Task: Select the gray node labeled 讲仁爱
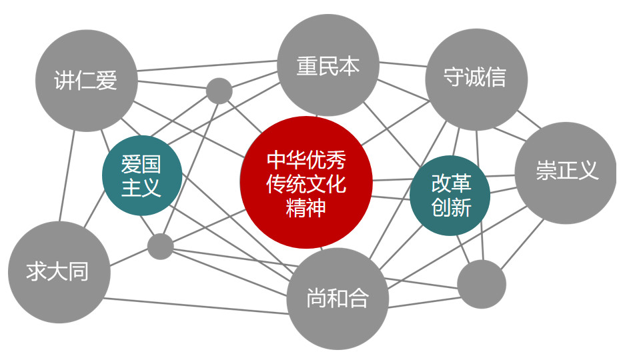(86, 81)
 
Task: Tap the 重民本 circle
(328, 65)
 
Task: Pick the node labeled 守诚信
(476, 79)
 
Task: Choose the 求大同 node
(59, 272)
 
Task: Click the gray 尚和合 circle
(337, 299)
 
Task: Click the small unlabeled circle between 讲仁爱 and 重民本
(219, 91)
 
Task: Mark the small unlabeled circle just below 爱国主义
(160, 246)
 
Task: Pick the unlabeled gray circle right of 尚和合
(482, 284)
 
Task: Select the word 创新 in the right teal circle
(451, 208)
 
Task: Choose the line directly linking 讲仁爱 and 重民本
(207, 65)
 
